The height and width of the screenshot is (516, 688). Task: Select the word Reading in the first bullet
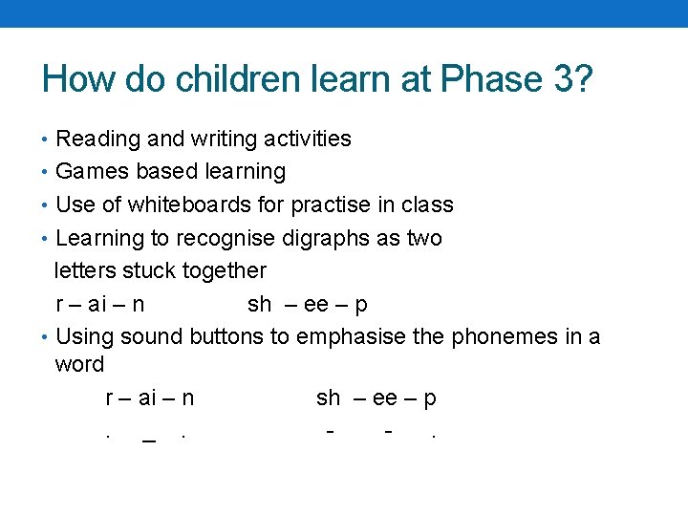coord(96,139)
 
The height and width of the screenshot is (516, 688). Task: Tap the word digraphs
coord(331,238)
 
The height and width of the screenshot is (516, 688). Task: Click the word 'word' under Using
coord(79,364)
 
